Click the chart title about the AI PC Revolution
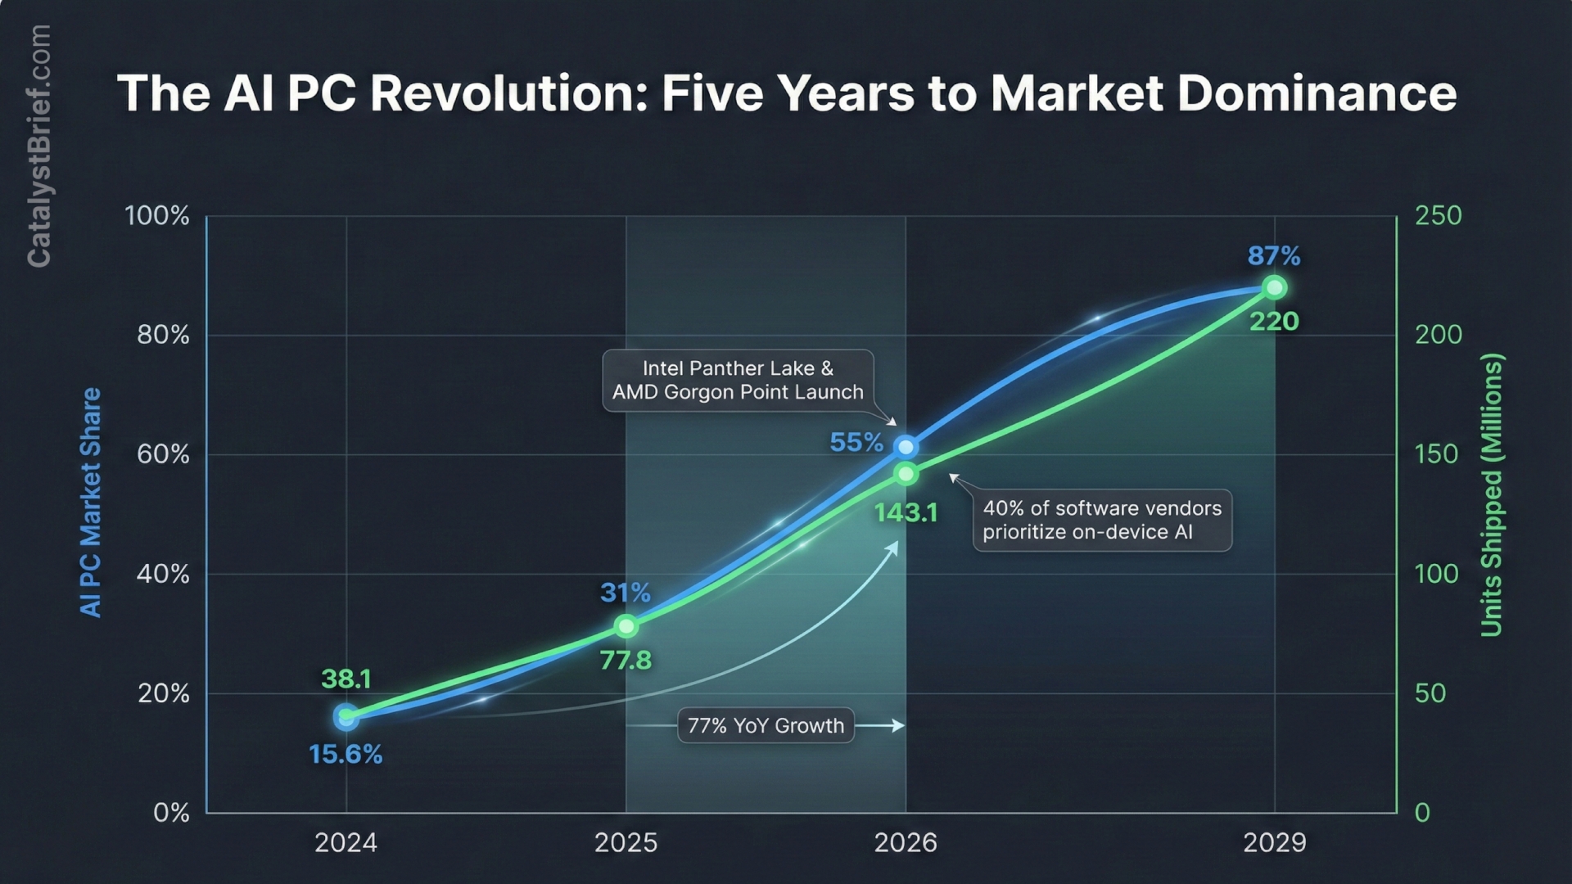[x=786, y=92]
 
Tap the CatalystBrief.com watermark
[x=38, y=146]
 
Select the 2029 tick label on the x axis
[x=1274, y=842]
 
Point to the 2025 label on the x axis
[x=626, y=842]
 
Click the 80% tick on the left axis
[x=163, y=335]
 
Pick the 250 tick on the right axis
[x=1439, y=215]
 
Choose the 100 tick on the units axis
[x=1436, y=574]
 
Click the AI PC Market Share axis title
[x=90, y=503]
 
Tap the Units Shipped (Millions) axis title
[x=1492, y=495]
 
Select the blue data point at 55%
[x=906, y=447]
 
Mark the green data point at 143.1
[x=906, y=474]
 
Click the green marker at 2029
[x=1274, y=288]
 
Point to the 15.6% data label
[x=346, y=754]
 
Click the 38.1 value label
[x=346, y=679]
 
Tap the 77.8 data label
[x=626, y=660]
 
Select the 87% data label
[x=1274, y=256]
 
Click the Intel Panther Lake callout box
[x=738, y=381]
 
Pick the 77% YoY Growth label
[x=766, y=726]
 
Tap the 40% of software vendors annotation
[x=1102, y=521]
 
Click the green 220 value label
[x=1274, y=321]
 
